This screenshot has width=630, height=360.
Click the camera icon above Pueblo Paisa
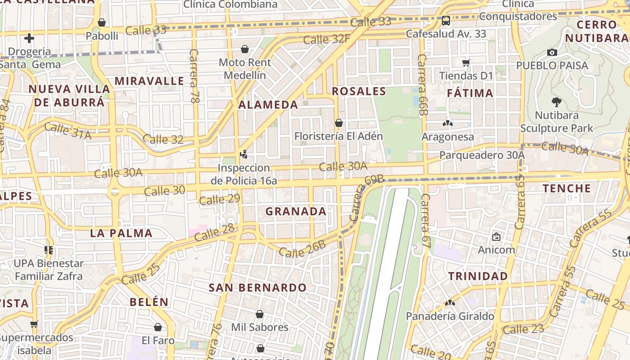pyautogui.click(x=552, y=53)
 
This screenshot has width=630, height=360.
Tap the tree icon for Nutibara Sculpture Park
pyautogui.click(x=557, y=102)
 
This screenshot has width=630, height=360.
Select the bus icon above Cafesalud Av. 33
pyautogui.click(x=445, y=21)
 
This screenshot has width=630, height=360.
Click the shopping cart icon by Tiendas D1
pyautogui.click(x=466, y=63)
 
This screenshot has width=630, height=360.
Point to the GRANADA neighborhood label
pyautogui.click(x=296, y=211)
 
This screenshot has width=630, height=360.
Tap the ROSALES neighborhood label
pyautogui.click(x=359, y=91)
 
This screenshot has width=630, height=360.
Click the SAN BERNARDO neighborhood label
pyautogui.click(x=257, y=288)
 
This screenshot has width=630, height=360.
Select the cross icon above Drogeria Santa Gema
pyautogui.click(x=29, y=38)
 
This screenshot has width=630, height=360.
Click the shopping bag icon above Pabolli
pyautogui.click(x=102, y=22)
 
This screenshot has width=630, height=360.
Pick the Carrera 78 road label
pyautogui.click(x=194, y=76)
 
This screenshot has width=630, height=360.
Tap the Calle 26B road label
pyautogui.click(x=302, y=249)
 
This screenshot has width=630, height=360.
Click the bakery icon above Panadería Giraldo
pyautogui.click(x=450, y=303)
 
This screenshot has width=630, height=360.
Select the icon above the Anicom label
pyautogui.click(x=496, y=236)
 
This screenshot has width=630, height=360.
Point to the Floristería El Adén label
pyautogui.click(x=338, y=136)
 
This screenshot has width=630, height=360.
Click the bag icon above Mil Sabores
pyautogui.click(x=260, y=314)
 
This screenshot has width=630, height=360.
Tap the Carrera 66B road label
pyautogui.click(x=422, y=85)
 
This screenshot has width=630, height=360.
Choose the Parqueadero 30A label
pyautogui.click(x=482, y=155)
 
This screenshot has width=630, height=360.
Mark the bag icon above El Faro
pyautogui.click(x=157, y=327)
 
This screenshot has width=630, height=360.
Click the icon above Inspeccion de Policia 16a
pyautogui.click(x=243, y=154)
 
